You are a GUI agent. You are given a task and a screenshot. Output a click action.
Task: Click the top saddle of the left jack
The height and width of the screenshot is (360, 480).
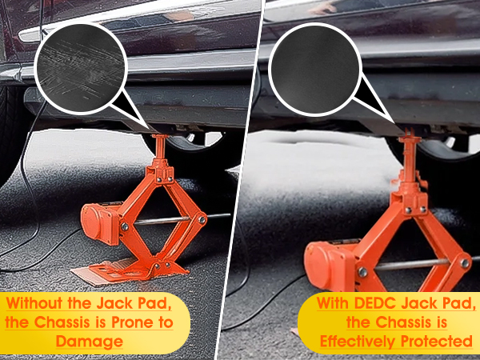click(x=158, y=141)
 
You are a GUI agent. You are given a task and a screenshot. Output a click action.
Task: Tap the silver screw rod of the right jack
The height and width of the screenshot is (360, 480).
click(x=416, y=261)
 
